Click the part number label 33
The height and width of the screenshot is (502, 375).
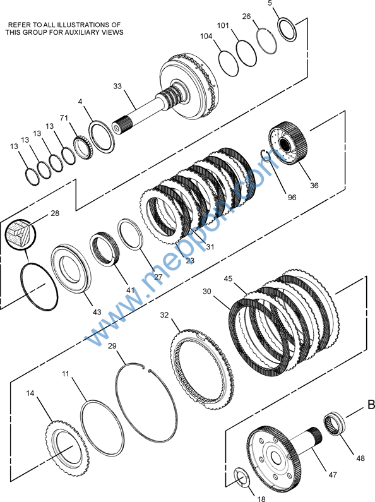pyautogui.click(x=117, y=86)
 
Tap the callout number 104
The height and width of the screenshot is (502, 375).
pyautogui.click(x=206, y=36)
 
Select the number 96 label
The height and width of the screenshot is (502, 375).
pyautogui.click(x=292, y=198)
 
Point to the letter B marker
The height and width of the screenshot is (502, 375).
pyautogui.click(x=371, y=405)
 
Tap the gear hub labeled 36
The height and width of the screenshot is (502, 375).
pyautogui.click(x=288, y=143)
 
